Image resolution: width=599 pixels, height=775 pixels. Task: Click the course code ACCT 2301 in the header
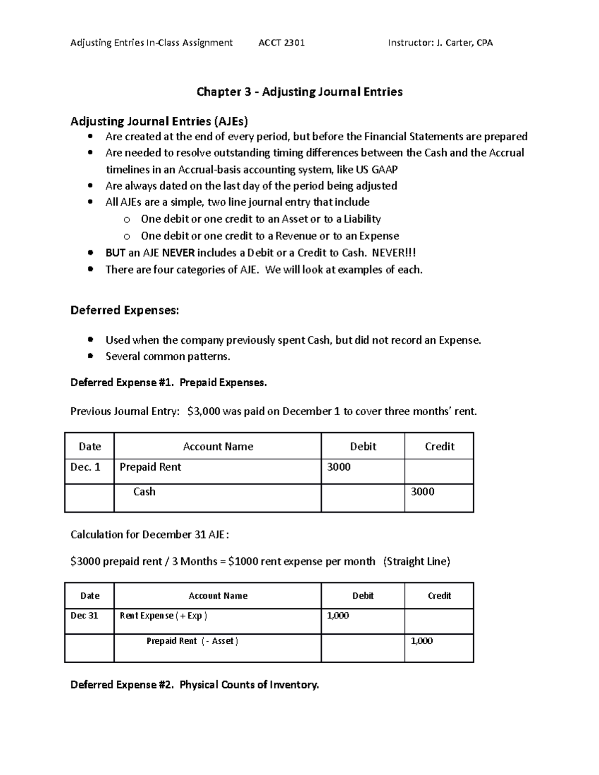pyautogui.click(x=282, y=43)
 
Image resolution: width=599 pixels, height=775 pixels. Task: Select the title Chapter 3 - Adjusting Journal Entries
pyautogui.click(x=299, y=92)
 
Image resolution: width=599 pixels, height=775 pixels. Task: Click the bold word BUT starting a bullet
pyautogui.click(x=115, y=253)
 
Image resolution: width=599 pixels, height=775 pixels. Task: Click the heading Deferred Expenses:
pyautogui.click(x=124, y=310)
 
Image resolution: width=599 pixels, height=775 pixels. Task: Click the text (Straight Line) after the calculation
pyautogui.click(x=416, y=561)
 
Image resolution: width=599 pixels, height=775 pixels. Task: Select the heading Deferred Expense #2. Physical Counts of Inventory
pyautogui.click(x=194, y=685)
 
